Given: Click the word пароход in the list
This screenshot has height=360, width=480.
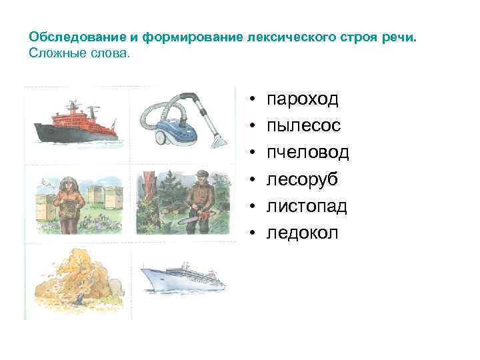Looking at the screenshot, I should point(303,100).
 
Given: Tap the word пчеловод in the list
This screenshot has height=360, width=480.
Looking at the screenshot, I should point(307,153).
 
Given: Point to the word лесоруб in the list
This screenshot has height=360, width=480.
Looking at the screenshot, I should point(302,180).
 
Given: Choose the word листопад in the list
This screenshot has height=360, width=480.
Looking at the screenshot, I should point(307,207).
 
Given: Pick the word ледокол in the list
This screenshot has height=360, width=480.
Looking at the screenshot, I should point(303,233).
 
